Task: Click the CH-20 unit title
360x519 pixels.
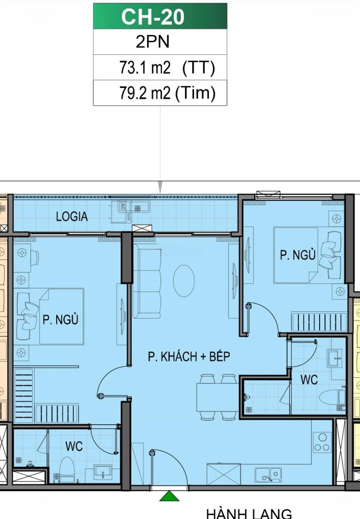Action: pos(153,16)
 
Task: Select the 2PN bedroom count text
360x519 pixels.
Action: pos(153,42)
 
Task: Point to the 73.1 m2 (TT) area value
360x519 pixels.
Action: pos(167,68)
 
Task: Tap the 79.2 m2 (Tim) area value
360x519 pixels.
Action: pos(167,93)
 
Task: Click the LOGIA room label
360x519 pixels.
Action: pos(72,216)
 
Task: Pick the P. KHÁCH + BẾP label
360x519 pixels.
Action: pos(189,357)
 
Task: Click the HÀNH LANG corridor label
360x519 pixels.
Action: pos(249,514)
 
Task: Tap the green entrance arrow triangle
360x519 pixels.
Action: pos(169,496)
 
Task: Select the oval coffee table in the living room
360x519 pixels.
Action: pos(184,281)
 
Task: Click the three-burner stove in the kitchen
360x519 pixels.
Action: pos(322,442)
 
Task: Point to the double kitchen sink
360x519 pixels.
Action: pos(268,475)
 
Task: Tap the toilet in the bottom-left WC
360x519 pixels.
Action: pos(67,470)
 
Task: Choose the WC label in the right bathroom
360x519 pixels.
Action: pos(309,380)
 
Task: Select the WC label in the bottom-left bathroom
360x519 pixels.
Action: pos(74,446)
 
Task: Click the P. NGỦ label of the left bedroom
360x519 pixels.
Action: pos(61,320)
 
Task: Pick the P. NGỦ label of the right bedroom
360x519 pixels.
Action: pos(298,255)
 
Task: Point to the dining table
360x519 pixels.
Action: pos(217,397)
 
